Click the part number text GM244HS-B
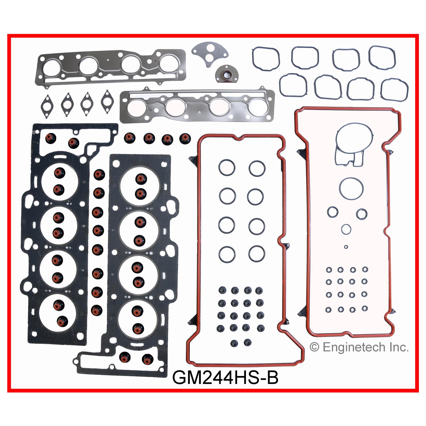coord(225,377)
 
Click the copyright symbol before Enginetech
coord(314,347)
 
